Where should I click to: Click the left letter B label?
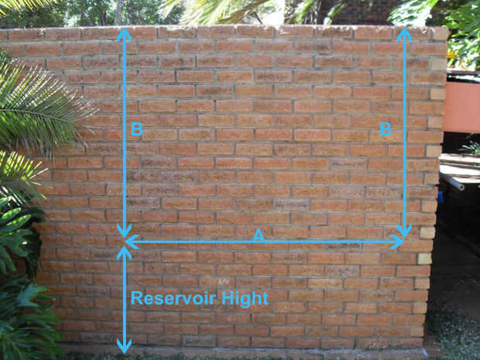click(136, 129)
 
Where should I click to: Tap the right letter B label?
click(385, 129)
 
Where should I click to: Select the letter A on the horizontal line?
click(259, 234)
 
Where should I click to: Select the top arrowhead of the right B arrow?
click(403, 33)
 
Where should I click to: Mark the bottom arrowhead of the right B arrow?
click(403, 231)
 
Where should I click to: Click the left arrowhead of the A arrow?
click(131, 242)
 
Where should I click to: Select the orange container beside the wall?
click(461, 105)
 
